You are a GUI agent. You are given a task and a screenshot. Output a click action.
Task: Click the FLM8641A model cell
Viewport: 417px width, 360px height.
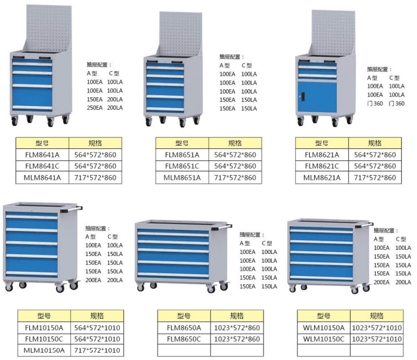(x=42, y=155)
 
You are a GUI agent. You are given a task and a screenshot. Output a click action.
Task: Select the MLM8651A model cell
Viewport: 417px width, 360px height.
(x=182, y=178)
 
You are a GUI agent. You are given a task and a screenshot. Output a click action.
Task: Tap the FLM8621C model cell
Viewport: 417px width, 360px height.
(x=321, y=166)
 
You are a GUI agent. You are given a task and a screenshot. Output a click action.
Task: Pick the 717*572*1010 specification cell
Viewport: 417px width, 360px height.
(x=97, y=351)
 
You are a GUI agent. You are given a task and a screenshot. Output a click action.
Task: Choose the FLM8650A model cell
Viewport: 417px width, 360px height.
(x=184, y=328)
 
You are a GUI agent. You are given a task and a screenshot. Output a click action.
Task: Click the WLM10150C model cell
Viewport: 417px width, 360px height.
(x=324, y=339)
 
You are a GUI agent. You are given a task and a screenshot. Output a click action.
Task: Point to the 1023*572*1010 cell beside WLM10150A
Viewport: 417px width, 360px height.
(x=376, y=328)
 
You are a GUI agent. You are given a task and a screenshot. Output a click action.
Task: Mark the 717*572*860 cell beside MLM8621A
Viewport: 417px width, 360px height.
(x=375, y=178)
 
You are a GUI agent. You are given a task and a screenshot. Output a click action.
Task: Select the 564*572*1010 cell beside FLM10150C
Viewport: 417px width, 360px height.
(x=97, y=339)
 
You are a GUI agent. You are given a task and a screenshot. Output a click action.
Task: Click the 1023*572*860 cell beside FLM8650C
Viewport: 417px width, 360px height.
(x=236, y=339)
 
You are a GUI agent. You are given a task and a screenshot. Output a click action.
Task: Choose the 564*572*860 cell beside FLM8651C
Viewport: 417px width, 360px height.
(x=235, y=166)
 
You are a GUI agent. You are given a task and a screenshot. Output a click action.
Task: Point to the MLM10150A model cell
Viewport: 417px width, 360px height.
(x=44, y=351)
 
